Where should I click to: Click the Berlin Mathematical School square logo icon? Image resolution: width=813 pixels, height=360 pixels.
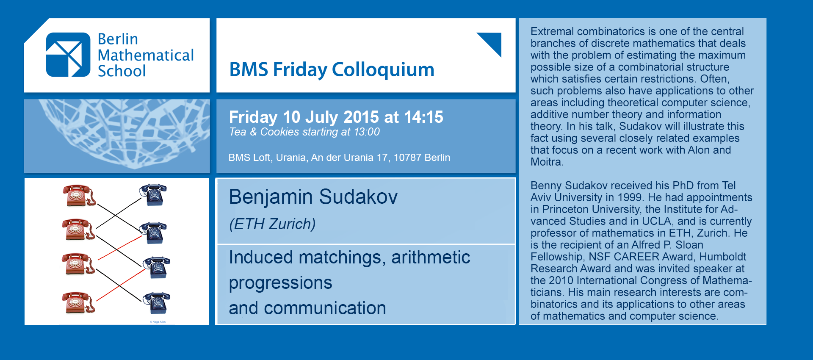(x=68, y=55)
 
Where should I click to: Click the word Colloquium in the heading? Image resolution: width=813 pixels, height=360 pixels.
(x=383, y=70)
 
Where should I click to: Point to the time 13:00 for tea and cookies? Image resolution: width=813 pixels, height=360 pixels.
(x=367, y=132)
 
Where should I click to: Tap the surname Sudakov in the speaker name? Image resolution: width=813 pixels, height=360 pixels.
(x=358, y=197)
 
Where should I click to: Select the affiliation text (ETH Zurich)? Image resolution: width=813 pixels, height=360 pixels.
(x=272, y=224)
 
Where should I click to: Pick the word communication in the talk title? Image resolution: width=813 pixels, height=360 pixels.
(x=325, y=308)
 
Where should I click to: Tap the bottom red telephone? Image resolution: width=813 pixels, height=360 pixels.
(x=79, y=302)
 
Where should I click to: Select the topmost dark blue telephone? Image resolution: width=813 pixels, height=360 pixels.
(x=153, y=194)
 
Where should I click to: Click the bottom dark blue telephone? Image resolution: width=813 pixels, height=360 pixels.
(x=157, y=303)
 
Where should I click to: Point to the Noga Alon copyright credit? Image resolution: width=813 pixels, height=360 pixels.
(x=158, y=322)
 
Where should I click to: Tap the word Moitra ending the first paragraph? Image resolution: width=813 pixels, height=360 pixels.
(x=546, y=162)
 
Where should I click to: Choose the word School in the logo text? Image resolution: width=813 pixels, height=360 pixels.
(x=122, y=71)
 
